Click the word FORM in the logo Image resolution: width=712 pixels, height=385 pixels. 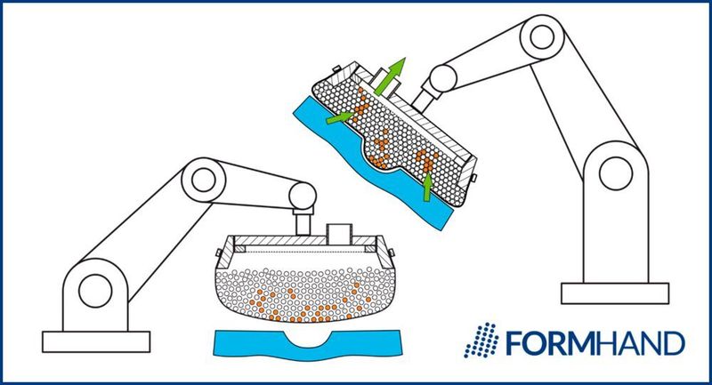543,342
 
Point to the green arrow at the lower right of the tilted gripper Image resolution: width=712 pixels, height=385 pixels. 427,184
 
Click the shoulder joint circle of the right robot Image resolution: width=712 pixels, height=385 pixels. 614,172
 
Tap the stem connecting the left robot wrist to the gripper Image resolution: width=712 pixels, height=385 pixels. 302,222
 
